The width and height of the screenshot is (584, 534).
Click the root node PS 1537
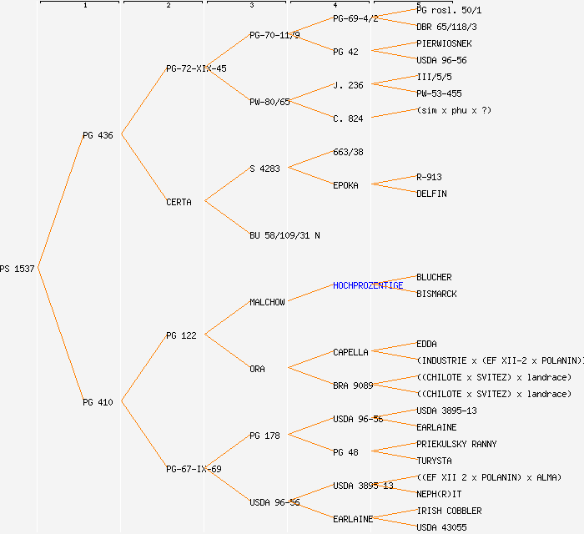pos(18,269)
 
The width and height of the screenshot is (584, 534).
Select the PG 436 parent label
pos(98,135)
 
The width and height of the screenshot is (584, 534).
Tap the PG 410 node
pos(98,402)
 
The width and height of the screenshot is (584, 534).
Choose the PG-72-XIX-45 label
pos(196,68)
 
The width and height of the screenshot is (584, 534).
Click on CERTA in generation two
pos(179,202)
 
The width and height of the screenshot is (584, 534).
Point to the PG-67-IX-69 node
pos(194,469)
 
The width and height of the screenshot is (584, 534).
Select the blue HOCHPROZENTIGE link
pos(367,285)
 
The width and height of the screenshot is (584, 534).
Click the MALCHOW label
pos(267,302)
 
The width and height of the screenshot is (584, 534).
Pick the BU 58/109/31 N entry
pos(284,235)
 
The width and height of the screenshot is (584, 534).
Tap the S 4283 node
pos(264,169)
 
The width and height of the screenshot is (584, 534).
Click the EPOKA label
pos(345,185)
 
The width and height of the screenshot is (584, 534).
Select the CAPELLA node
pos(350,352)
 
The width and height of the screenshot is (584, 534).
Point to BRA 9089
pos(353,385)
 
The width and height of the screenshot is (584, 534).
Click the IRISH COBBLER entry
pos(449,511)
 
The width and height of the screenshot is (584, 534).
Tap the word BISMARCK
pos(436,294)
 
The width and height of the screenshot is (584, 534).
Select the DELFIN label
pos(431,194)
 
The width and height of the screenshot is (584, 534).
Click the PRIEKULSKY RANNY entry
pos(456,444)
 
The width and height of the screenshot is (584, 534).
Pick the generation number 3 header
pos(251,6)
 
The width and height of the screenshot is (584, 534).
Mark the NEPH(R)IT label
pos(439,494)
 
